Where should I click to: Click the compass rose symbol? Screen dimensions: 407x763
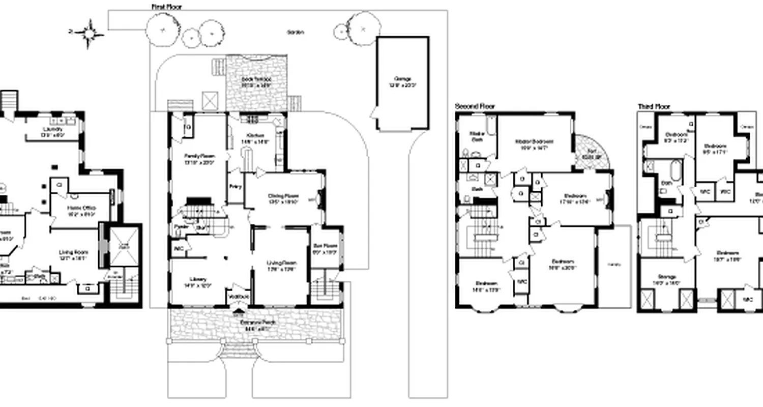89,33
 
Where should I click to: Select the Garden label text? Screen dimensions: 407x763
296,33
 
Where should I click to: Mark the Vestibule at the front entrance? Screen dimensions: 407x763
238,296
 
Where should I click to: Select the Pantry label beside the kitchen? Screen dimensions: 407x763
234,187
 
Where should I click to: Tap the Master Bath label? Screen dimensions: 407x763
477,136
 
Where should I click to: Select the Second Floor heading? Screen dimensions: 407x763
475,107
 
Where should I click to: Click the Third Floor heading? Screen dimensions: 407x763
654,107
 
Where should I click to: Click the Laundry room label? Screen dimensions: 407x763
53,132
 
